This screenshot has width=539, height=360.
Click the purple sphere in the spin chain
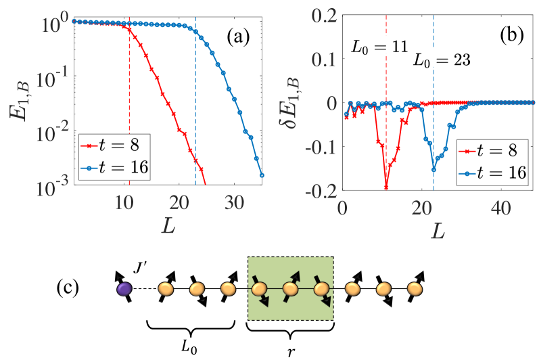[x=124, y=288]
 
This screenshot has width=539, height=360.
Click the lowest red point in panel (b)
[x=386, y=187]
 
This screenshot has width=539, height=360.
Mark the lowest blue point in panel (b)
[x=433, y=169]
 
